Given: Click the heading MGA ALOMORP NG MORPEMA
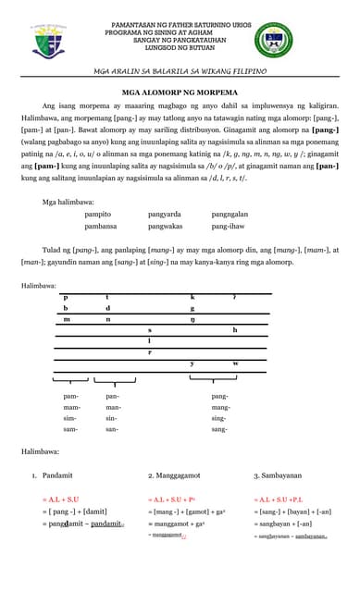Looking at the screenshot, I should [180, 92].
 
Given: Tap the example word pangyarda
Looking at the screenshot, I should [166, 213].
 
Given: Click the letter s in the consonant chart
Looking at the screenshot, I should [150, 329].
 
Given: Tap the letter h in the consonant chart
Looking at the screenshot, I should [235, 329].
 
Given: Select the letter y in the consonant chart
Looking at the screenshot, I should [192, 364].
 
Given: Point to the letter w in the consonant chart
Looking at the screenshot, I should [235, 364].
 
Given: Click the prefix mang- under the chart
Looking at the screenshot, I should [220, 407].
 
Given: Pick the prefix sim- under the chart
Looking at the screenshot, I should [71, 418].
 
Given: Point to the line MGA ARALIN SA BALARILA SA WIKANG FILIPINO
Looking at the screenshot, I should [180, 71].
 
